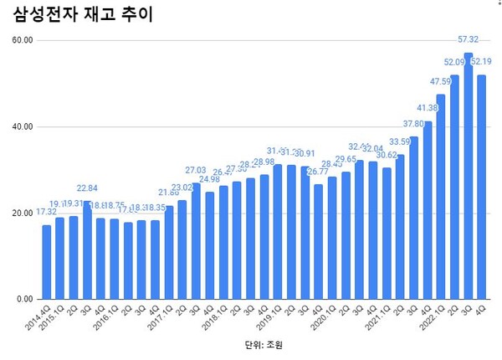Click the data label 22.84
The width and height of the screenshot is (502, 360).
pos(87,188)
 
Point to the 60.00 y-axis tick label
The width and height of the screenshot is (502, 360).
pos(23,40)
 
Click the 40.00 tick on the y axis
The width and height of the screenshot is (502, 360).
pos(23,126)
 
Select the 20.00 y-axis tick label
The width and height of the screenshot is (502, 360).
pos(23,213)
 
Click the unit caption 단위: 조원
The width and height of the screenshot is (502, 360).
pos(261,343)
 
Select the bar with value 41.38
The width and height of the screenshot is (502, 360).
pos(428,210)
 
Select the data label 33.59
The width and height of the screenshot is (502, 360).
pos(399,142)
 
